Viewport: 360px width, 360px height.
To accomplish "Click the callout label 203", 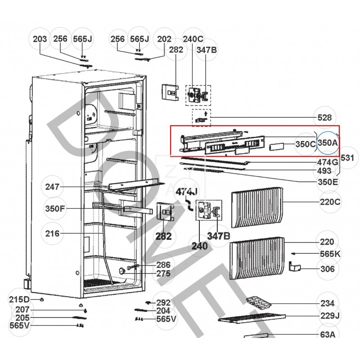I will pyautogui.click(x=40, y=40).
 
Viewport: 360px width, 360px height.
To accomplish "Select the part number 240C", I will pyautogui.click(x=193, y=40).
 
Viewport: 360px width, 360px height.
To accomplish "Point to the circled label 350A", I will pyautogui.click(x=328, y=143).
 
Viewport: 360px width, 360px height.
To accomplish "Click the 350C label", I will pyautogui.click(x=306, y=144).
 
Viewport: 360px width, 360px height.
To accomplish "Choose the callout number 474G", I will pyautogui.click(x=328, y=162).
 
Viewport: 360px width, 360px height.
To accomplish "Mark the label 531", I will pyautogui.click(x=347, y=158).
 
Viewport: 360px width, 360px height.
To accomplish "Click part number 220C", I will pyautogui.click(x=330, y=202).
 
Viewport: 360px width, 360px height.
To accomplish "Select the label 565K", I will pyautogui.click(x=330, y=254).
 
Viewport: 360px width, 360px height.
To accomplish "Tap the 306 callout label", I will pyautogui.click(x=328, y=269).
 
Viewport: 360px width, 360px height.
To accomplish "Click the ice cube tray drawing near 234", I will pyautogui.click(x=259, y=303).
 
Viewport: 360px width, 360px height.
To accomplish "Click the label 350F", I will pyautogui.click(x=55, y=209).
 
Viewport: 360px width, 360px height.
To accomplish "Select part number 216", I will pyautogui.click(x=53, y=233).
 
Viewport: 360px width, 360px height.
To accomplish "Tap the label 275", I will pyautogui.click(x=163, y=273).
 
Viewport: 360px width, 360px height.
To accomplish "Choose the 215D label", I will pyautogui.click(x=19, y=300).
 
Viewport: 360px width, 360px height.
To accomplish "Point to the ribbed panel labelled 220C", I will pyautogui.click(x=257, y=208).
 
